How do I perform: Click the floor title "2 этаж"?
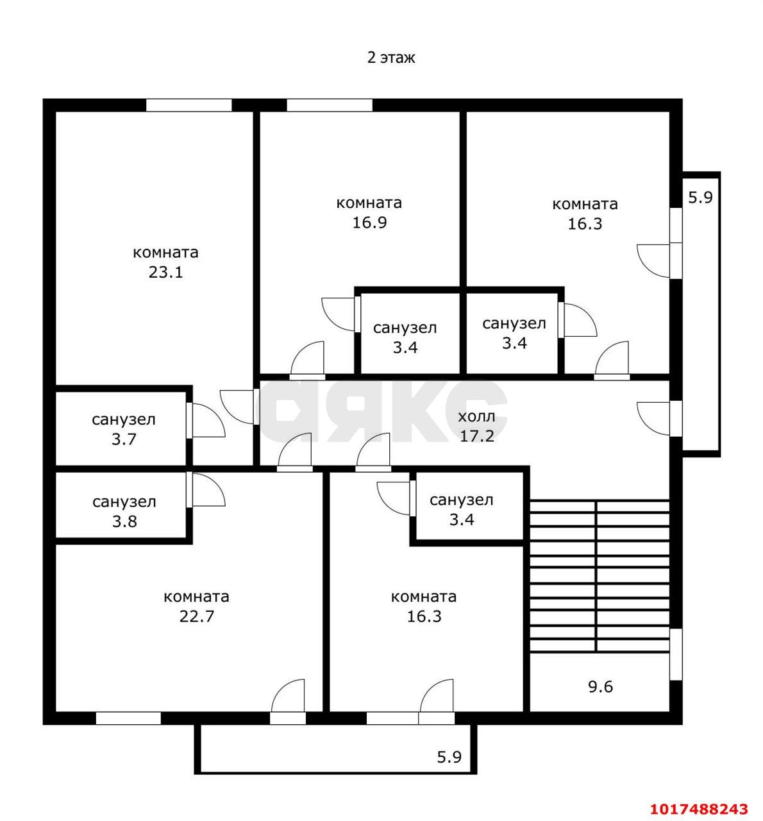point(391,58)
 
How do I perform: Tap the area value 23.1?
point(165,273)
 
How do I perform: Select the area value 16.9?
point(369,223)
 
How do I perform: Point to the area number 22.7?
point(197,616)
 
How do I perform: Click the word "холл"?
point(476,416)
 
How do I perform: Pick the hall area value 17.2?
point(477,436)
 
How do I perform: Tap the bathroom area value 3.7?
point(124,439)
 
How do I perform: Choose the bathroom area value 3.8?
point(124,521)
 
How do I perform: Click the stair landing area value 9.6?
point(601,687)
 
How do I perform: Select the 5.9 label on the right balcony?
point(701,197)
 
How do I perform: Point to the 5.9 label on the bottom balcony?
point(449,757)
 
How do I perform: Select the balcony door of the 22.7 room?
point(288,696)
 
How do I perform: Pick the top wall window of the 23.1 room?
point(189,105)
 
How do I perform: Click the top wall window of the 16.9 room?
point(330,105)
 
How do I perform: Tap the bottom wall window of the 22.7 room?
point(128,718)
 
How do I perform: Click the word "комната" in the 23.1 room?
point(165,253)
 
